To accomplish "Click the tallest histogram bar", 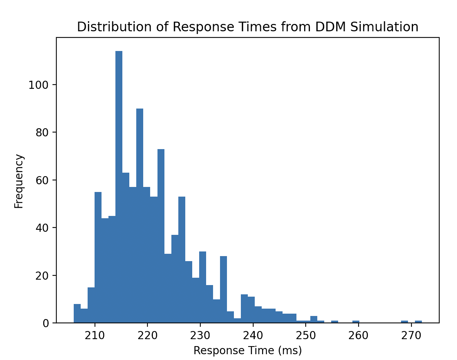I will (x=119, y=185).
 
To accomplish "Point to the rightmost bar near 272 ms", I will (x=418, y=322).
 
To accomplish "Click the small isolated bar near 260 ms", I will (x=355, y=322).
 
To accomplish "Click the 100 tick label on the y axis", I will (x=38, y=85).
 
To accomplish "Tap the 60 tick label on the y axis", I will (x=41, y=180).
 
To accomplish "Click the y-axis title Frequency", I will (x=19, y=181).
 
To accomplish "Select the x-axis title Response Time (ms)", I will (x=247, y=350).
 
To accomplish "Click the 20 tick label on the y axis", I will (x=41, y=276).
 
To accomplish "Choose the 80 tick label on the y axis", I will (x=41, y=132).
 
